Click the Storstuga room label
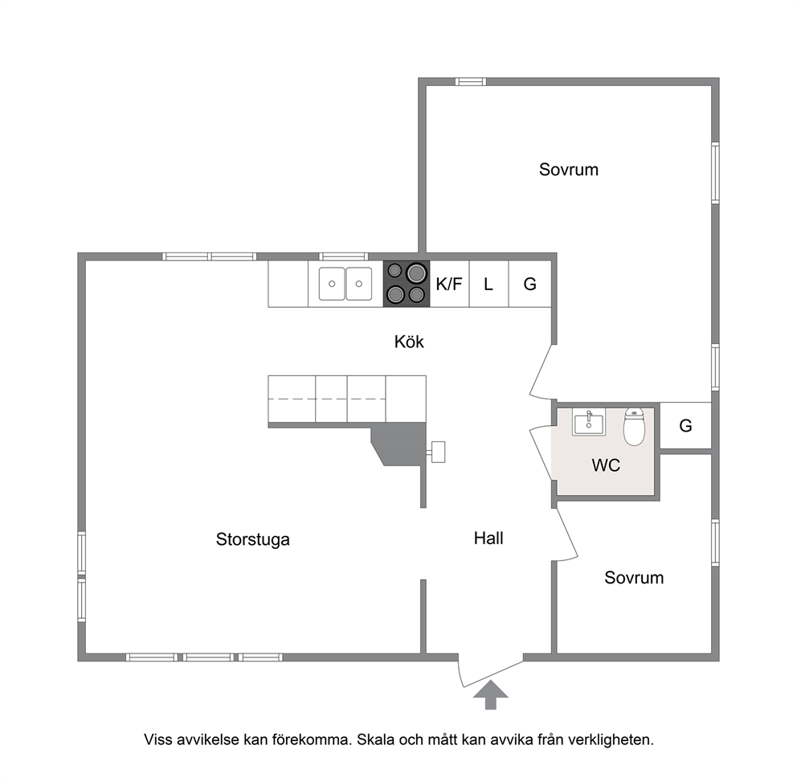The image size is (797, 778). click(252, 539)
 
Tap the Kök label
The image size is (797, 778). click(409, 342)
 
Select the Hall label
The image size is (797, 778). click(488, 538)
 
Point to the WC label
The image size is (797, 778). click(606, 465)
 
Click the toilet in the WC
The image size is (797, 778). click(634, 426)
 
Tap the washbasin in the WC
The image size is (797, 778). click(589, 422)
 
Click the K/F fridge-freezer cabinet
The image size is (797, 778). click(449, 284)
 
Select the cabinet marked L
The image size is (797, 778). click(488, 284)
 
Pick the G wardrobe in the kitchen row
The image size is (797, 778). click(530, 284)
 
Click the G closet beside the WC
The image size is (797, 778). click(685, 426)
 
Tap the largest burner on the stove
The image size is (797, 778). click(416, 272)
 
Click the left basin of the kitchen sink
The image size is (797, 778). click(332, 284)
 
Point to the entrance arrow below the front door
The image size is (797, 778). click(491, 694)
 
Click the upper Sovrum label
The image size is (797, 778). click(569, 170)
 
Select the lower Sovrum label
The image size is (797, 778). click(634, 578)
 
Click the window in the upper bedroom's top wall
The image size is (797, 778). click(471, 81)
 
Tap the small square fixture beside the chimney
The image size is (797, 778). click(437, 452)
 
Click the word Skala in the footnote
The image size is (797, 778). click(375, 739)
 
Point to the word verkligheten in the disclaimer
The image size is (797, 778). click(611, 739)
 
